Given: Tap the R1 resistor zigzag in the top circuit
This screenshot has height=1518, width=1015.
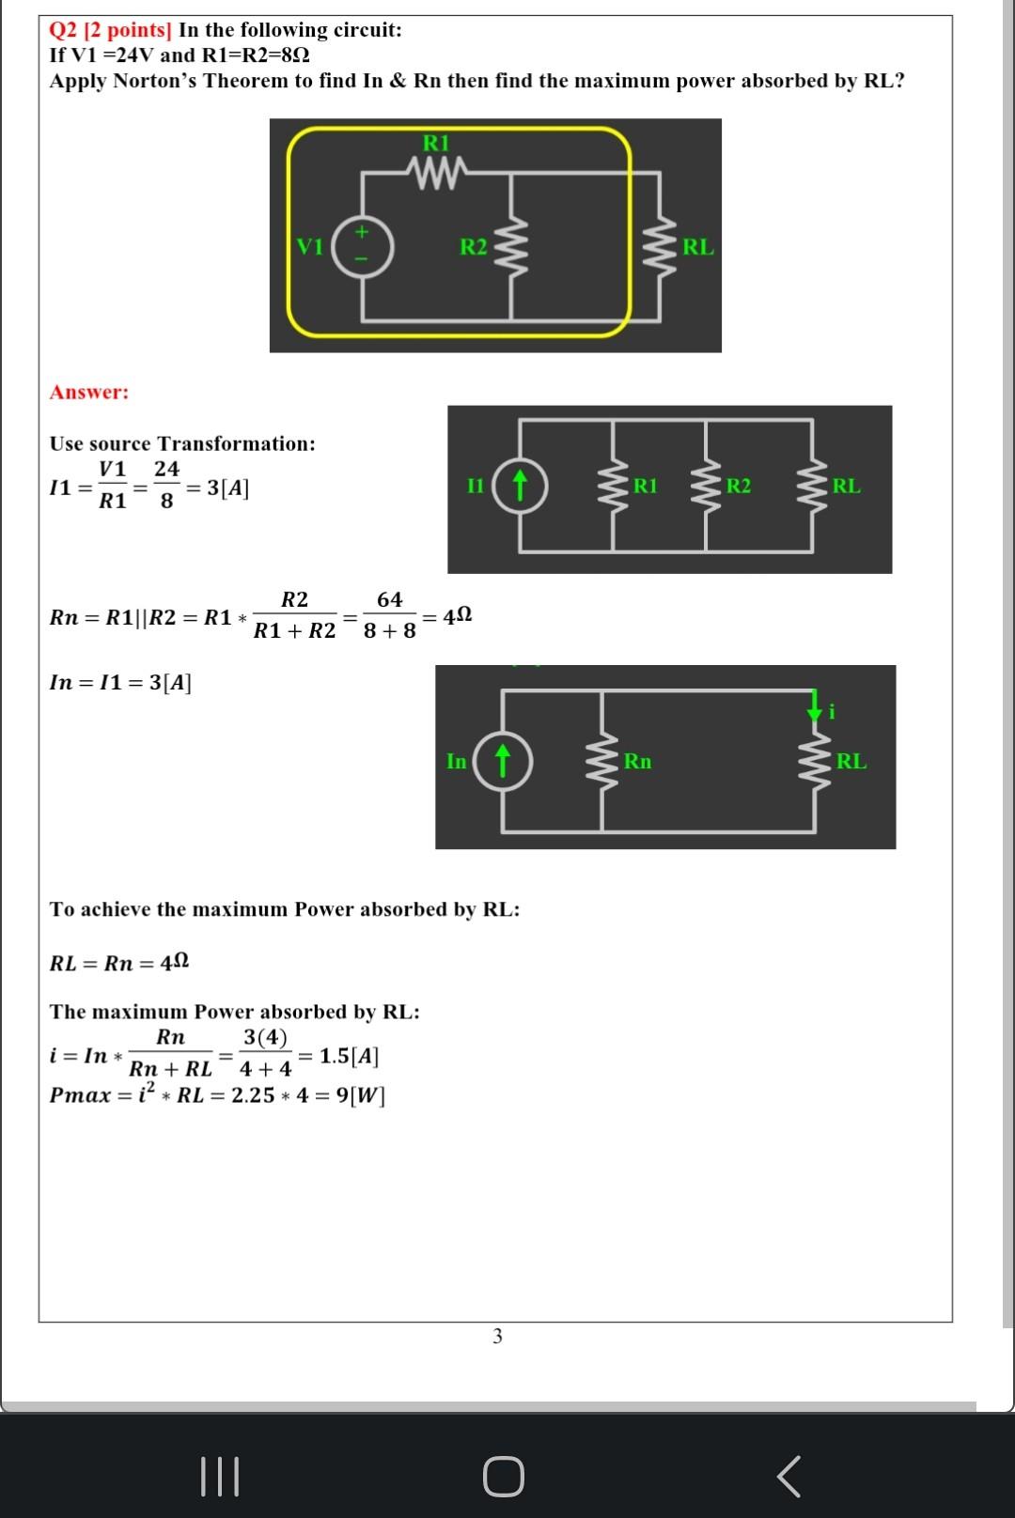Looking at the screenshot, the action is (x=436, y=172).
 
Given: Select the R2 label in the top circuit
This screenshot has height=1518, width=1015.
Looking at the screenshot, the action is (x=474, y=247).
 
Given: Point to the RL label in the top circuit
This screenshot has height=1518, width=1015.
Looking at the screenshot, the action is (x=697, y=247).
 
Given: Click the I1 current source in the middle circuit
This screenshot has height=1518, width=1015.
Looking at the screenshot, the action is (x=519, y=486).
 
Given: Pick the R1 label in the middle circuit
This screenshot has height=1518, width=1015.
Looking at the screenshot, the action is (x=646, y=486).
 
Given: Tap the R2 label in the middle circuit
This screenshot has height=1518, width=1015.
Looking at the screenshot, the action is (x=739, y=486).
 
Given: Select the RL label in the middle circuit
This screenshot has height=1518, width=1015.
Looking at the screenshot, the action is (x=846, y=486).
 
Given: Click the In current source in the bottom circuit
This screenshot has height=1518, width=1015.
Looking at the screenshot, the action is (x=503, y=761).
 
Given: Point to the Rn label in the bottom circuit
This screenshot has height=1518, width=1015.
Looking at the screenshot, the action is (x=637, y=761).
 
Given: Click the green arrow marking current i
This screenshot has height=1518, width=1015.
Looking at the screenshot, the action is (x=814, y=707).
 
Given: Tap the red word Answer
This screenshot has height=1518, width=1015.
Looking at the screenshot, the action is (x=89, y=392).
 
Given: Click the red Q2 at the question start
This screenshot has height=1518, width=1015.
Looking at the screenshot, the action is (x=64, y=30).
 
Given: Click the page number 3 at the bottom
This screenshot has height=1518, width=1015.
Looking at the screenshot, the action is (x=497, y=1336).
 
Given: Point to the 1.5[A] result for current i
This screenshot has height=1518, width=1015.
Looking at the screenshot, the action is (x=349, y=1056).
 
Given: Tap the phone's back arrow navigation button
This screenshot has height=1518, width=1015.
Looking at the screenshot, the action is (x=789, y=1477).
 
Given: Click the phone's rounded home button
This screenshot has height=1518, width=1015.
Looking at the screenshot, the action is (x=504, y=1477).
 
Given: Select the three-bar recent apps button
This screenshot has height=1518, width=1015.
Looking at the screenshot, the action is (x=221, y=1477).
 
